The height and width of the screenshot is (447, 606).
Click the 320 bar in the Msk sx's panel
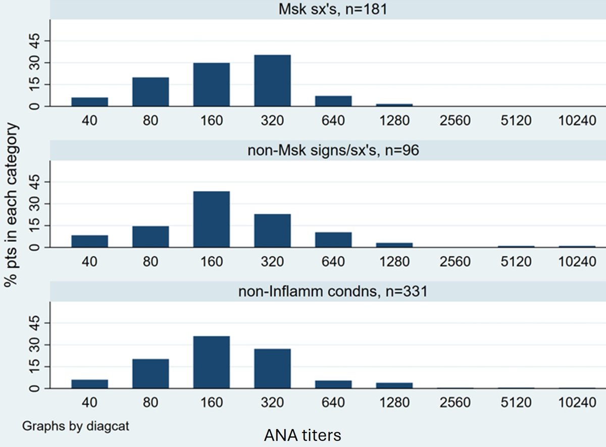tap(272, 81)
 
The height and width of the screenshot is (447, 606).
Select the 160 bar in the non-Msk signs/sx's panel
tap(211, 219)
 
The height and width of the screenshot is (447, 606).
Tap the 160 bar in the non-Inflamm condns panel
tap(211, 363)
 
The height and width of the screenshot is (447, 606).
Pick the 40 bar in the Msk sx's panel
tap(89, 102)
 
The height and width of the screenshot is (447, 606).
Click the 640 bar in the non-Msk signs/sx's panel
tap(333, 240)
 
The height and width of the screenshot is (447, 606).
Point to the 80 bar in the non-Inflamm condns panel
tap(150, 374)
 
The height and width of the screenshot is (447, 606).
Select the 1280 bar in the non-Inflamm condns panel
tap(394, 385)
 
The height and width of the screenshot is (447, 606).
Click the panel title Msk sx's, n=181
tap(328, 9)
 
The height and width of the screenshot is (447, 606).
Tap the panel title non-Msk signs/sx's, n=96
tap(328, 150)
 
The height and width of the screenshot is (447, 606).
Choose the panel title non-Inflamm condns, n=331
tap(328, 291)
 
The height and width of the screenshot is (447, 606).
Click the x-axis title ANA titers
tap(302, 434)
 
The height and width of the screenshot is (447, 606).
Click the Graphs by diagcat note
tap(75, 426)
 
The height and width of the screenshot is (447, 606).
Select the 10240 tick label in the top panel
tap(576, 121)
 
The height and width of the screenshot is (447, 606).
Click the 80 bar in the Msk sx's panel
tap(150, 92)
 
